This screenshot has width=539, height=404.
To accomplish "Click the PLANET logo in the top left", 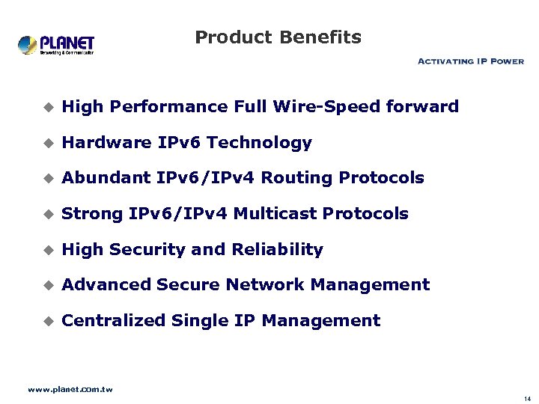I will tap(56, 45).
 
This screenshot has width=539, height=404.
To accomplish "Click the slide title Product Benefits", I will tap(278, 37).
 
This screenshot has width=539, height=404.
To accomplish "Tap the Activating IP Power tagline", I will tap(470, 61).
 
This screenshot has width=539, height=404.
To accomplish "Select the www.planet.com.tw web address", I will tap(70, 390).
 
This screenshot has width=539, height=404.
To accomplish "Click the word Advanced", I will tap(107, 285).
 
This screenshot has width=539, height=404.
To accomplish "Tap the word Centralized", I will tap(114, 321).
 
